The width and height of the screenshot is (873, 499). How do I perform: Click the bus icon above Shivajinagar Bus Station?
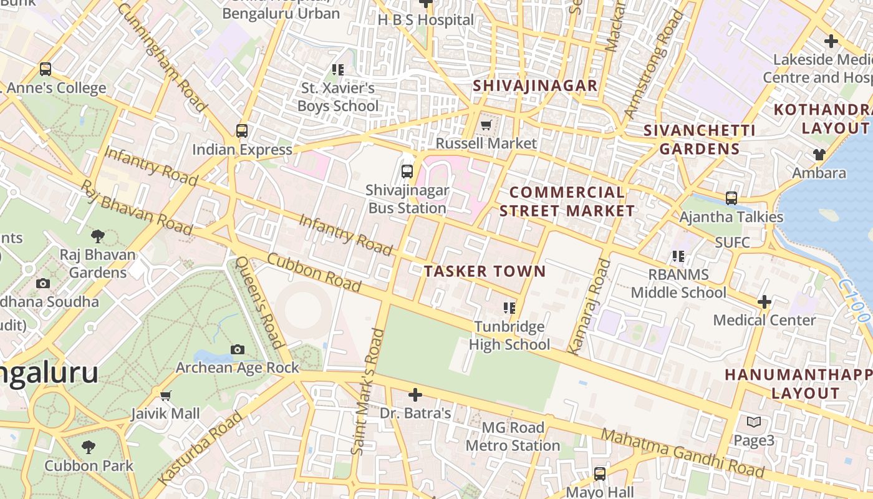[407, 171]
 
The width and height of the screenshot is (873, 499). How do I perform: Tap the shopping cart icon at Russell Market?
[486, 125]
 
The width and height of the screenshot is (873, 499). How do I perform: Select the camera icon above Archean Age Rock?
[237, 349]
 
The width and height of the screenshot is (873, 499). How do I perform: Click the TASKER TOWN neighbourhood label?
[485, 271]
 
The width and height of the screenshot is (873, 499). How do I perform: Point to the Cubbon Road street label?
[314, 272]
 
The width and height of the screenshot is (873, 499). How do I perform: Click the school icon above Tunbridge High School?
[509, 308]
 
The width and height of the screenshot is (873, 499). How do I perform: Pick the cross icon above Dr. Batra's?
[415, 395]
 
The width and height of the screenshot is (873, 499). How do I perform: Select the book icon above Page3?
[754, 422]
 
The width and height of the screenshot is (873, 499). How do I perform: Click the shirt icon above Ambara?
[819, 154]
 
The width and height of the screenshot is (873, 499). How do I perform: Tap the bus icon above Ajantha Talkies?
[731, 198]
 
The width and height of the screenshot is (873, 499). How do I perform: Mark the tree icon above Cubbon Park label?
[89, 447]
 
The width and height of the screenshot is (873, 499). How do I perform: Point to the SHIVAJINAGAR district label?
[535, 85]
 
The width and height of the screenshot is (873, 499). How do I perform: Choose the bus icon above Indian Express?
[242, 131]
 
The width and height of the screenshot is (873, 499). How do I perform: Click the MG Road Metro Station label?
[513, 437]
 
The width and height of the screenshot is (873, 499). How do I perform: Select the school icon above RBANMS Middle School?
[678, 256]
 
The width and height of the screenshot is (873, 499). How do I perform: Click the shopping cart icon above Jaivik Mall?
[166, 395]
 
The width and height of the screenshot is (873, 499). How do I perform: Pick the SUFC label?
[733, 242]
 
